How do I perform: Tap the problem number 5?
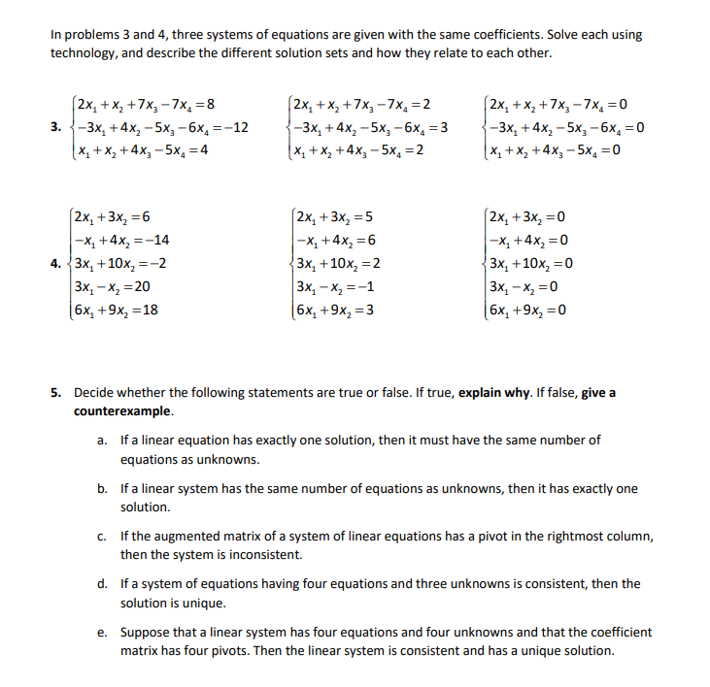tap(56, 393)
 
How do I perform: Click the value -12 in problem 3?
tap(237, 127)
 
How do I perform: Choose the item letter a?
tap(102, 441)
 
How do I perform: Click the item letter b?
tap(102, 489)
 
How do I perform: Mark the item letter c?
tap(102, 537)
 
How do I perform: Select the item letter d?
tap(102, 584)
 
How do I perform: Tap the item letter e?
tap(102, 632)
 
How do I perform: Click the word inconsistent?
tap(240, 555)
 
